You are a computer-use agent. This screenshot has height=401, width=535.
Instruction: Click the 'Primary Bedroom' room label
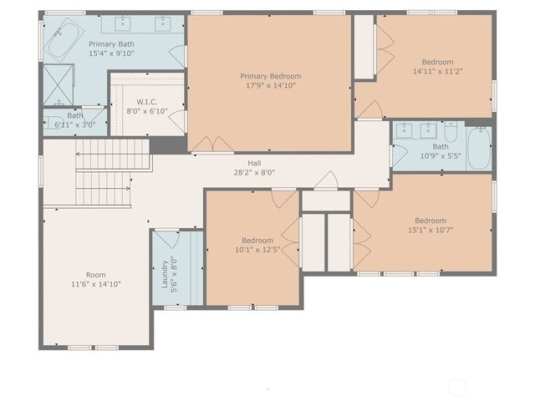pos(267,76)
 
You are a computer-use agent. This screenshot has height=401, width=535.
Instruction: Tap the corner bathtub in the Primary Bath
pos(62,40)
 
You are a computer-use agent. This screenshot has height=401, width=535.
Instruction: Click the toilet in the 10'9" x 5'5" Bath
pos(451,132)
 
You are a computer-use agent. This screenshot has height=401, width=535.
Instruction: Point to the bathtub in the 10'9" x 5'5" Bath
pos(479,147)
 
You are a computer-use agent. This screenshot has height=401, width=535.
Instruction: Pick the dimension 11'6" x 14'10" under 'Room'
pos(96,284)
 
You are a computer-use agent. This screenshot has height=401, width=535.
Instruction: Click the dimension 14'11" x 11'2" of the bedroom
pos(436,72)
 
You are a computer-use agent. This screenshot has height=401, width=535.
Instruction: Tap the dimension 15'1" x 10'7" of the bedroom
pos(431,231)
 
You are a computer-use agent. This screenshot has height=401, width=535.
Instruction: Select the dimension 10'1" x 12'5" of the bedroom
pos(257,250)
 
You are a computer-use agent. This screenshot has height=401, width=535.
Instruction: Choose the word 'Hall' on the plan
pos(255,163)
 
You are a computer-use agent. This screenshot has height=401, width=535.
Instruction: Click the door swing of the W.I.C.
pos(175,118)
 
